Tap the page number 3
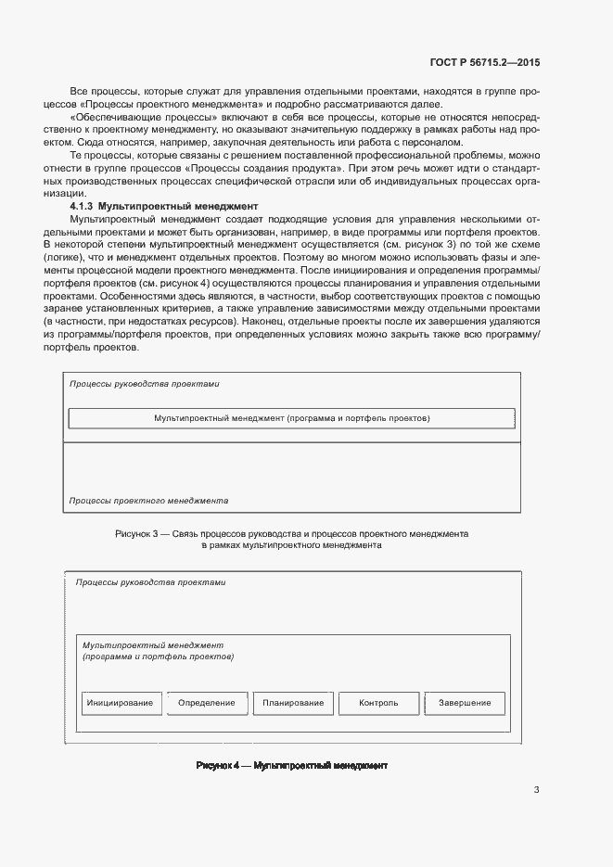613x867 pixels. [537, 791]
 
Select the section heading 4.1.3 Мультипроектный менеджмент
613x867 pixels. [163, 204]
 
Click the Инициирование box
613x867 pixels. [121, 703]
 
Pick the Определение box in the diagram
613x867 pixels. [207, 703]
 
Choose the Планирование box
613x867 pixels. [293, 703]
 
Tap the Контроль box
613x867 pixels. [378, 703]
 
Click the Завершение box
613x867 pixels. [465, 703]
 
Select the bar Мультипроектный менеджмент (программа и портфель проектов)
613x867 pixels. [292, 418]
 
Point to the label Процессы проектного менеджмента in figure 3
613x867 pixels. [149, 500]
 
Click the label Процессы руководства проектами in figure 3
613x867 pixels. [145, 383]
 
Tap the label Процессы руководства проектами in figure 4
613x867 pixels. [150, 582]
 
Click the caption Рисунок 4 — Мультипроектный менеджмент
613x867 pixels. [291, 766]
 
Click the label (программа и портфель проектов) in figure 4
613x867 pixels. [158, 657]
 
